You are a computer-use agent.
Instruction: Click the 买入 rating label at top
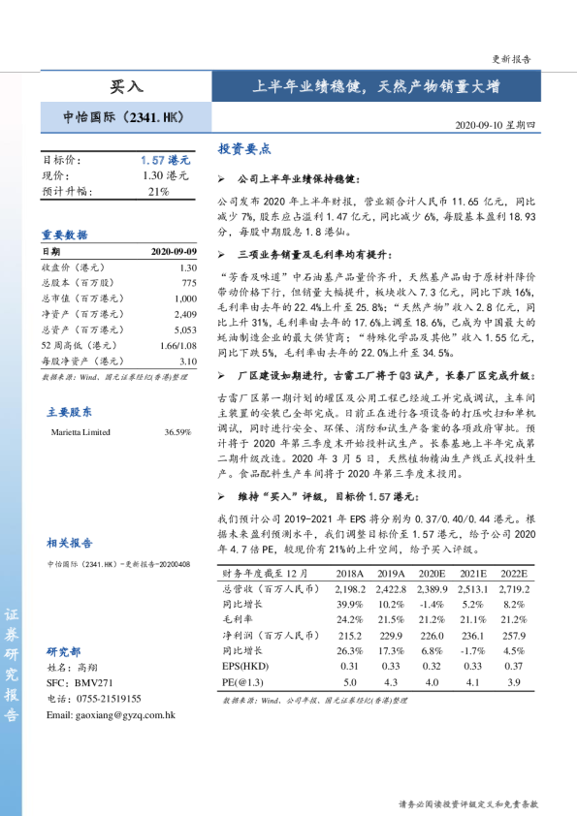point(126,87)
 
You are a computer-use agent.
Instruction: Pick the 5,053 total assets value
point(184,329)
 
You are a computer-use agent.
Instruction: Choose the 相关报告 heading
point(70,543)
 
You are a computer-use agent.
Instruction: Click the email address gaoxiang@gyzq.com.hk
point(111,714)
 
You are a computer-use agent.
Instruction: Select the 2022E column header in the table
point(514,574)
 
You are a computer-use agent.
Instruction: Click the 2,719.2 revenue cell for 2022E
point(514,588)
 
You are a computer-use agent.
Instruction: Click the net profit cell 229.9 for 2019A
point(391,635)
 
